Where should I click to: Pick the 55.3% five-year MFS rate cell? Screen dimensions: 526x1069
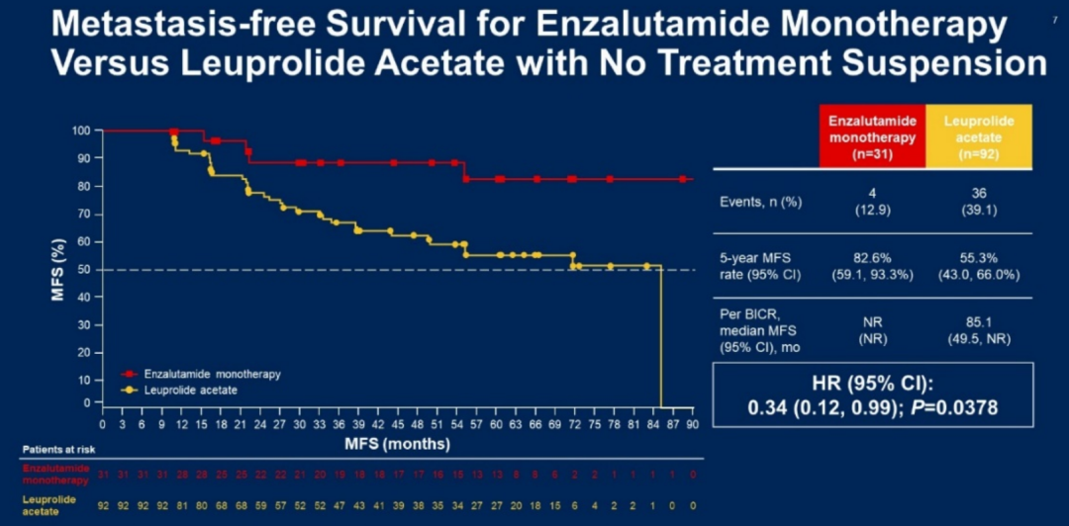pyautogui.click(x=979, y=267)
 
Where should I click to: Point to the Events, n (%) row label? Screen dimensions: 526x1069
pyautogui.click(x=761, y=201)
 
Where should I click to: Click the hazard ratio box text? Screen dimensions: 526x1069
pyautogui.click(x=873, y=394)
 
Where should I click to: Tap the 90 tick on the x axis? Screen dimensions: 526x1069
pyautogui.click(x=692, y=424)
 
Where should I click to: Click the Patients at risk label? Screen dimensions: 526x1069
pyautogui.click(x=54, y=450)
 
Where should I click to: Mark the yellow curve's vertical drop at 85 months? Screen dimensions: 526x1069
pyautogui.click(x=659, y=336)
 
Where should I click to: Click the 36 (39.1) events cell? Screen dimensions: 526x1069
pyautogui.click(x=979, y=201)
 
